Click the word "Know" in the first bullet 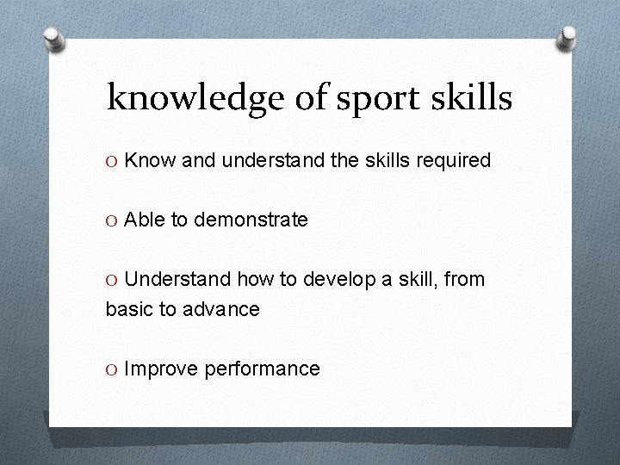(146, 160)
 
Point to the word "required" (454, 161)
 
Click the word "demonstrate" (251, 220)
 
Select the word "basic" (128, 309)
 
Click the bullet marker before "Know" (112, 161)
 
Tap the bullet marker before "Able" (112, 220)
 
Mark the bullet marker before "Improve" (112, 369)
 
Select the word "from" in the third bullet (465, 280)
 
